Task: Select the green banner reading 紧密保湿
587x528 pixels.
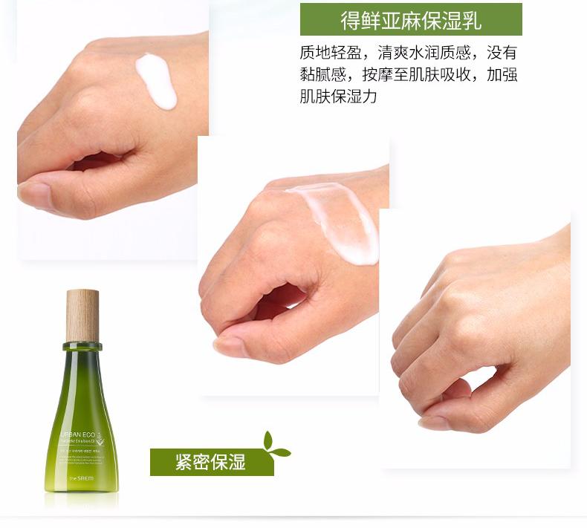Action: click(212, 462)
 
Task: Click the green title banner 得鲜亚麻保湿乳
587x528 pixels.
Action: click(411, 19)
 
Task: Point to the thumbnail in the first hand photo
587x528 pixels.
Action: click(33, 195)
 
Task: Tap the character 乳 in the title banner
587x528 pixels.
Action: click(471, 20)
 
